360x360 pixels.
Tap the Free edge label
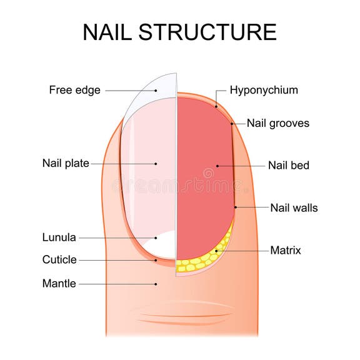(75, 90)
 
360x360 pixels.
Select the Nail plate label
(66, 164)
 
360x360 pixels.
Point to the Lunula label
(59, 237)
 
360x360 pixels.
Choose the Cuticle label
(59, 260)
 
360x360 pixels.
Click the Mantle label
(59, 284)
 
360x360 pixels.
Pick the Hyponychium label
(264, 90)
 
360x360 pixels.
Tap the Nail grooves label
(277, 123)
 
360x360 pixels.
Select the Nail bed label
(289, 166)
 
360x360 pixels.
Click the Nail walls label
(294, 207)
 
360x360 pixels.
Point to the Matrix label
(286, 251)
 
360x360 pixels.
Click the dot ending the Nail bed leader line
(217, 166)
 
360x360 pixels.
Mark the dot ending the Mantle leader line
(156, 284)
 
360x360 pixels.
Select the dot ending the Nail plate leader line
(156, 164)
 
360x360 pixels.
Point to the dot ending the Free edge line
(156, 90)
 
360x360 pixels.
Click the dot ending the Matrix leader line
(217, 251)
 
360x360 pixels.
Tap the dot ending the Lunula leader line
(156, 237)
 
